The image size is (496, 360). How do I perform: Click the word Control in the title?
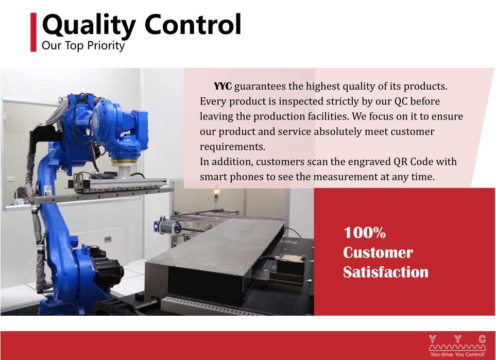[193, 24]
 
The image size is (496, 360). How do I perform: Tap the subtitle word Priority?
[106, 46]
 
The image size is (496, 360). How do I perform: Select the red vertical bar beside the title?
[33, 32]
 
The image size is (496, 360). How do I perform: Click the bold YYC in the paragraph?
[223, 86]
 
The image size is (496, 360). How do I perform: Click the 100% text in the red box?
[365, 232]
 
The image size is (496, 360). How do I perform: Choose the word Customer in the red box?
[378, 252]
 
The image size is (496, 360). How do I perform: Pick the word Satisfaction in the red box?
[386, 272]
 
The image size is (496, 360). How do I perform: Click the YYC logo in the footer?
[457, 343]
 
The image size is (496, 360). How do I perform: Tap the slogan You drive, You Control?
[457, 354]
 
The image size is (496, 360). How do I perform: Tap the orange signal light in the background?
[217, 192]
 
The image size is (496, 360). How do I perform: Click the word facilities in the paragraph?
[328, 116]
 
